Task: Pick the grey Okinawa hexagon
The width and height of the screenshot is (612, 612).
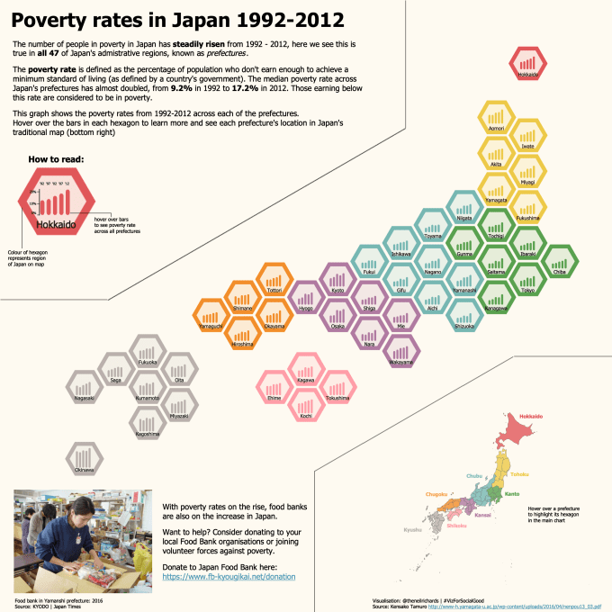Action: [84, 457]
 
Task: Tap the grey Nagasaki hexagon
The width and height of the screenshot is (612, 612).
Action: [84, 387]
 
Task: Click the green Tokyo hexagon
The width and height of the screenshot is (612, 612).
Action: [528, 282]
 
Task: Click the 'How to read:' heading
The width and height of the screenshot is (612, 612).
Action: [57, 159]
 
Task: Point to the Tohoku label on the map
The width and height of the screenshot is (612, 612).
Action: [519, 473]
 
